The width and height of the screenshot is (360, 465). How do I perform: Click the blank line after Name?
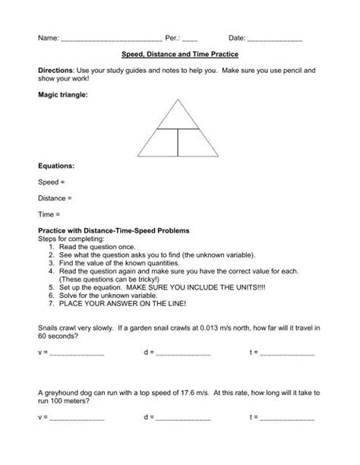pyautogui.click(x=111, y=39)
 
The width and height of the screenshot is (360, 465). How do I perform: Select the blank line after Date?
pyautogui.click(x=275, y=39)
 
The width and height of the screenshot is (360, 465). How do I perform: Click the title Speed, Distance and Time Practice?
pyautogui.click(x=180, y=55)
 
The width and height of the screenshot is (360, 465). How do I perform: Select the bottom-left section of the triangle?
pyautogui.click(x=159, y=142)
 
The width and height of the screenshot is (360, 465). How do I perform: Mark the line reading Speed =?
pyautogui.click(x=52, y=182)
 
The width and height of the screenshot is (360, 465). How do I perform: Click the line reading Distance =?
pyautogui.click(x=55, y=198)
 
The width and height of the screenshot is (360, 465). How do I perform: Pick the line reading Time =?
pyautogui.click(x=49, y=214)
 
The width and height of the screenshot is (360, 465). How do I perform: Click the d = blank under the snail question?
pyautogui.click(x=183, y=354)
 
